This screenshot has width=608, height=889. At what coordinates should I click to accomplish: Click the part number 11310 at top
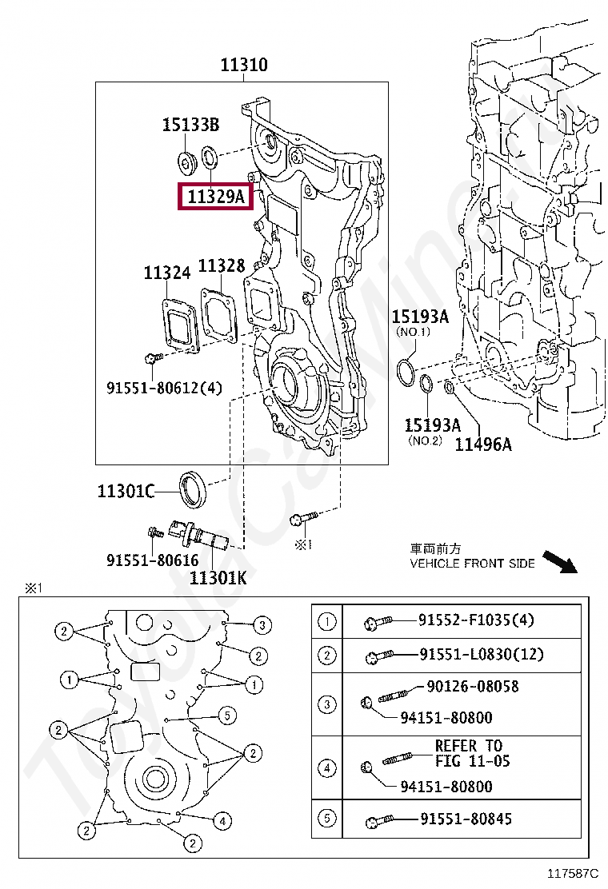click(244, 65)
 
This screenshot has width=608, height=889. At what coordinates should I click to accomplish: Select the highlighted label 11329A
click(215, 196)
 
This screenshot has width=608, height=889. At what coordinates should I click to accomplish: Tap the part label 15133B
click(190, 125)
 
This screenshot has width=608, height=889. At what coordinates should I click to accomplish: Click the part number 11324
click(167, 273)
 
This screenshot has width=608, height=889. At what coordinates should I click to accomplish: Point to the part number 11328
click(222, 266)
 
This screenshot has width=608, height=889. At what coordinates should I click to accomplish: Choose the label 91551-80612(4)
click(164, 388)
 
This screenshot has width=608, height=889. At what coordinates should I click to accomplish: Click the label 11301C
click(126, 491)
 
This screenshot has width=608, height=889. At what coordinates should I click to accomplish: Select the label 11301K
click(218, 576)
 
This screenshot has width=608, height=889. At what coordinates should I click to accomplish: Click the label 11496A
click(483, 444)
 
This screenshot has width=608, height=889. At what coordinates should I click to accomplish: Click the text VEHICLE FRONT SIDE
click(472, 564)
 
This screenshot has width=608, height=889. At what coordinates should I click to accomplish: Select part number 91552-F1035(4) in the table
click(476, 620)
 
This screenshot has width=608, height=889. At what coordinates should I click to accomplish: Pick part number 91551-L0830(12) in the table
click(482, 654)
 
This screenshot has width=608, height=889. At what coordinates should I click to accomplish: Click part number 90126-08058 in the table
click(472, 686)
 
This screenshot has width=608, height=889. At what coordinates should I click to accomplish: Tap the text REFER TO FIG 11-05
click(472, 753)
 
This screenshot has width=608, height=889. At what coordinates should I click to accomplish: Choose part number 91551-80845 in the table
click(466, 819)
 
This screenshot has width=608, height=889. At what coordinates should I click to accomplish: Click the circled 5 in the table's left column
click(326, 819)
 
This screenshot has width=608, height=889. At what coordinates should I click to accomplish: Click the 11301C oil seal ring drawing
click(193, 489)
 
